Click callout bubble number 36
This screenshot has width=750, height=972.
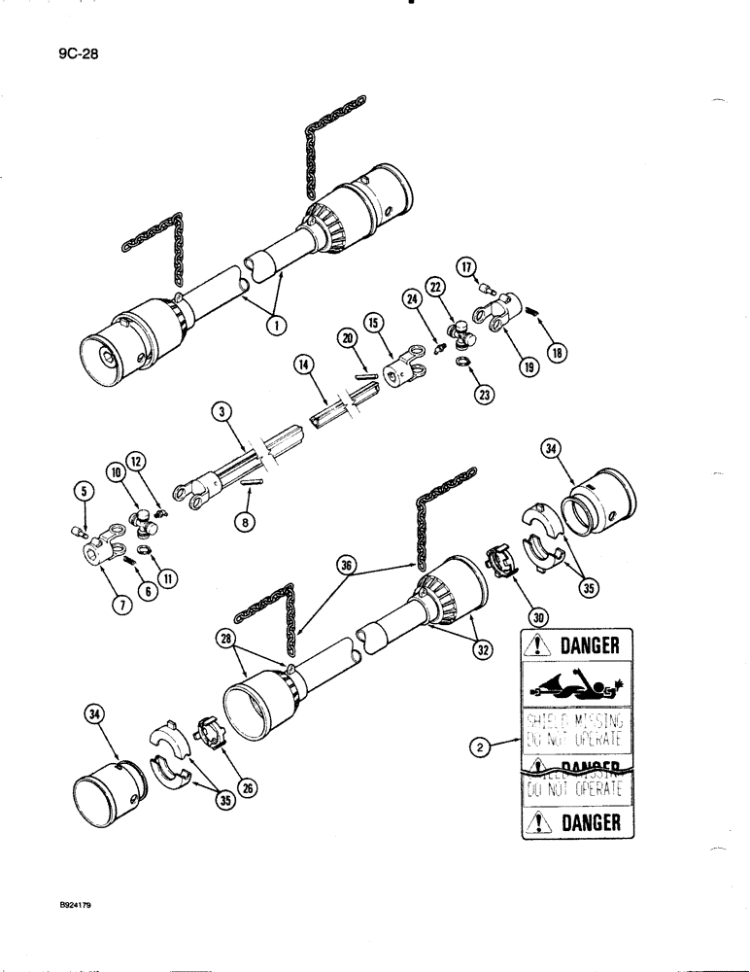pyautogui.click(x=343, y=565)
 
